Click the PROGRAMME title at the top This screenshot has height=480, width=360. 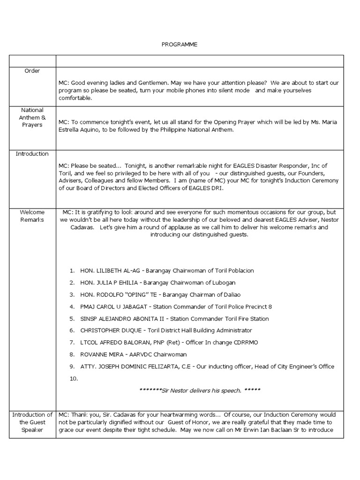(x=180, y=45)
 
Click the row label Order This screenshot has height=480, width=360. (x=32, y=71)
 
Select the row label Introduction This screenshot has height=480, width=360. (x=32, y=154)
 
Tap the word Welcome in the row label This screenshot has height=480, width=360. (x=32, y=212)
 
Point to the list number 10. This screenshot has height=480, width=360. (x=74, y=379)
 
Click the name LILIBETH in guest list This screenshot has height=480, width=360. (x=109, y=271)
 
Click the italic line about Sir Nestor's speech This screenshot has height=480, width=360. (x=200, y=390)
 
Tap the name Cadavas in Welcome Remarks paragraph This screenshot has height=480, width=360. (x=72, y=227)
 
